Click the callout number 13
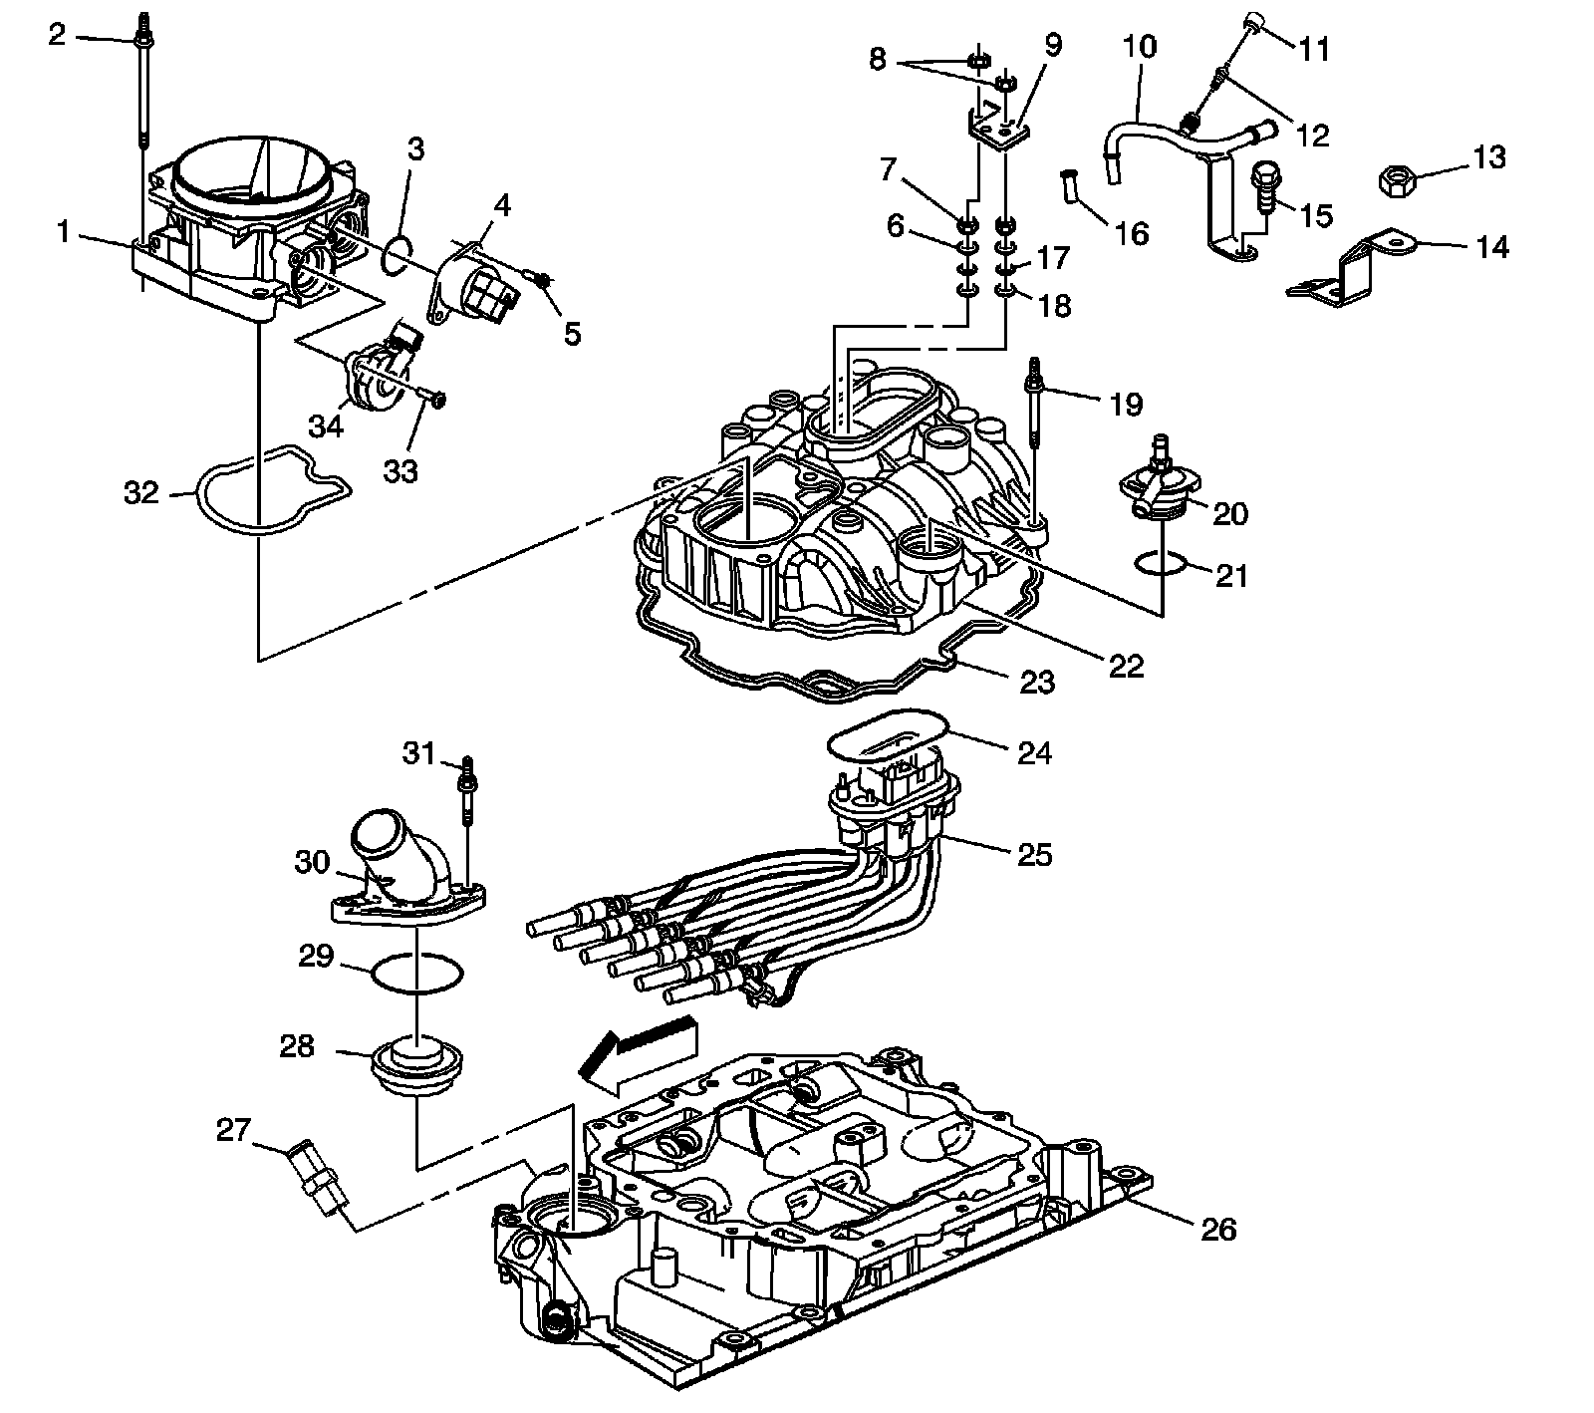pos(1489,158)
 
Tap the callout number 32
pos(141,491)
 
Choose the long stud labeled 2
pos(142,149)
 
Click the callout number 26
pos(1219,1231)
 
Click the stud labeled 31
pos(466,796)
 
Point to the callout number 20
pos(1230,513)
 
